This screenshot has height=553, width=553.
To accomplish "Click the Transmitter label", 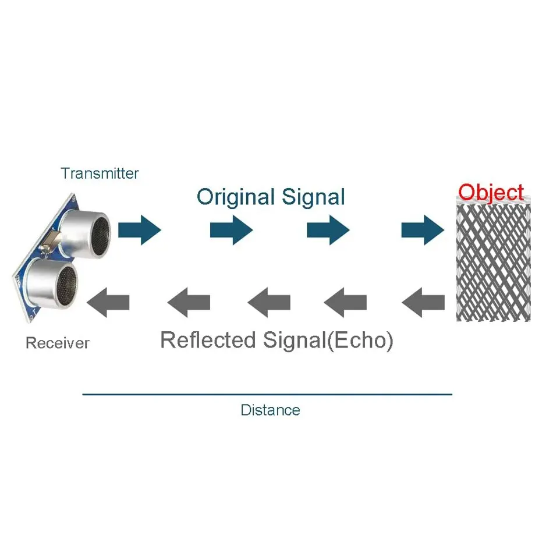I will [x=100, y=173].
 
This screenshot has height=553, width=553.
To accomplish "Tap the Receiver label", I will [x=58, y=343].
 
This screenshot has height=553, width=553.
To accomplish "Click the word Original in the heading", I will [x=236, y=197].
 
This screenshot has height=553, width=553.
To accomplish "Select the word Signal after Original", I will [x=313, y=197].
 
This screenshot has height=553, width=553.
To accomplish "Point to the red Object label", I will [x=491, y=192].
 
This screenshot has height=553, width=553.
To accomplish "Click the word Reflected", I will [x=208, y=340].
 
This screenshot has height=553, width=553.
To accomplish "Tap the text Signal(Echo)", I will [x=328, y=340].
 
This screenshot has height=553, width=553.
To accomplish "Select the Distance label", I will [x=270, y=410].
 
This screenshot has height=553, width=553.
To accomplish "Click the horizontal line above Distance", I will [x=267, y=394].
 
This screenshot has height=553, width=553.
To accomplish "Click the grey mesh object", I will [x=493, y=262].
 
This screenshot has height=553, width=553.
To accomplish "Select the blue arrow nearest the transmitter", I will [x=139, y=231].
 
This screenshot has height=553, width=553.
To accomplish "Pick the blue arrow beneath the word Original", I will [x=231, y=231].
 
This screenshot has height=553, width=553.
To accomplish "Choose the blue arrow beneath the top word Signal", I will [x=328, y=231].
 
